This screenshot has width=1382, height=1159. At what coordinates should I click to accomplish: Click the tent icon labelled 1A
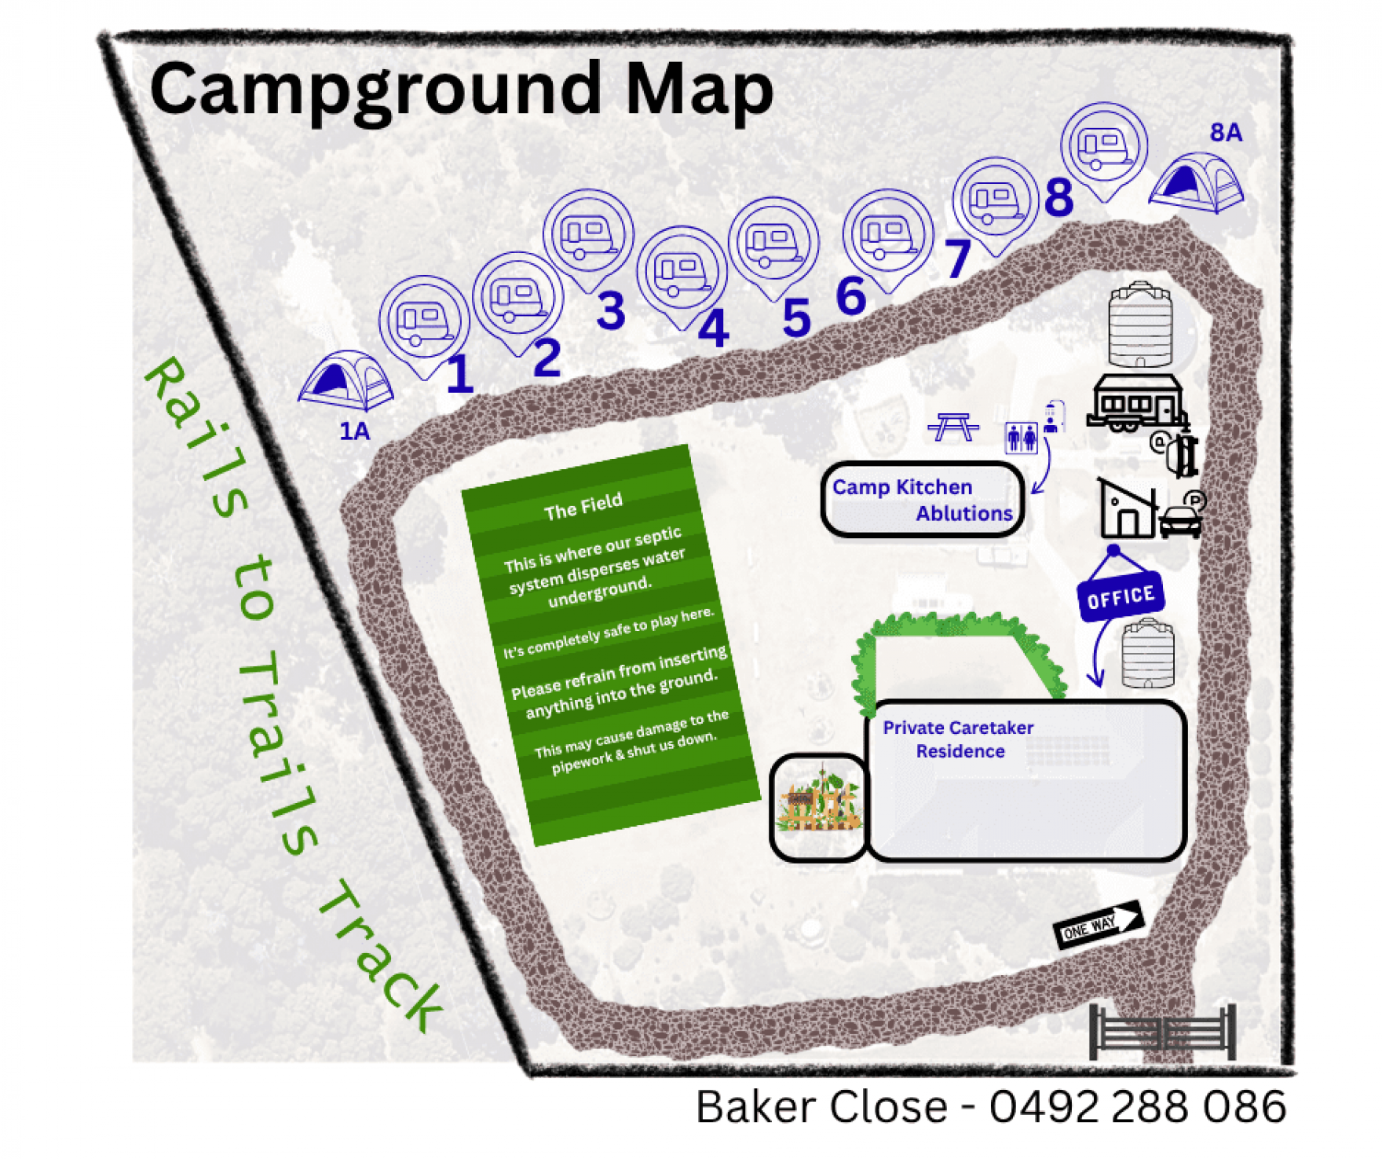pos(345,381)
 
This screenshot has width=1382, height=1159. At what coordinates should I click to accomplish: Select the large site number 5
pos(796,318)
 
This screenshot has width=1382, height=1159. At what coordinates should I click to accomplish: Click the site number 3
pos(611,310)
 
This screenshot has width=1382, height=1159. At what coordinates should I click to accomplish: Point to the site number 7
pos(958,258)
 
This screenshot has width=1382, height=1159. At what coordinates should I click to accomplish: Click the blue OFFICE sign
pos(1121,597)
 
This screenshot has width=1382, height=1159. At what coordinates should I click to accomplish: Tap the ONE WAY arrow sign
pos(1098,925)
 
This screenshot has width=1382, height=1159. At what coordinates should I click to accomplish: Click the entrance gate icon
pos(1162,1032)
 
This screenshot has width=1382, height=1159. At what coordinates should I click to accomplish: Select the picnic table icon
pos(952,427)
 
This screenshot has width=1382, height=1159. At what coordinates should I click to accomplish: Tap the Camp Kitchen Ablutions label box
pos(922,500)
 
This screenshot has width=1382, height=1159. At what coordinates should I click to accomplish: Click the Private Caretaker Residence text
pos(958,739)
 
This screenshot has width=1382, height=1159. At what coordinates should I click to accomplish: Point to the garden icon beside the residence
pos(818,807)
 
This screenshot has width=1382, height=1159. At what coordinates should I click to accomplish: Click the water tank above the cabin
pos(1140,325)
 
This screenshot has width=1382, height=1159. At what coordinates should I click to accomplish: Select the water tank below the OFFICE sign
pos(1148,654)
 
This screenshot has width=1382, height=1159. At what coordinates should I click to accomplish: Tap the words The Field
pos(583,507)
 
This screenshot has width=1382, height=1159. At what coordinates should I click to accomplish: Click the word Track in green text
pos(382,955)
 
